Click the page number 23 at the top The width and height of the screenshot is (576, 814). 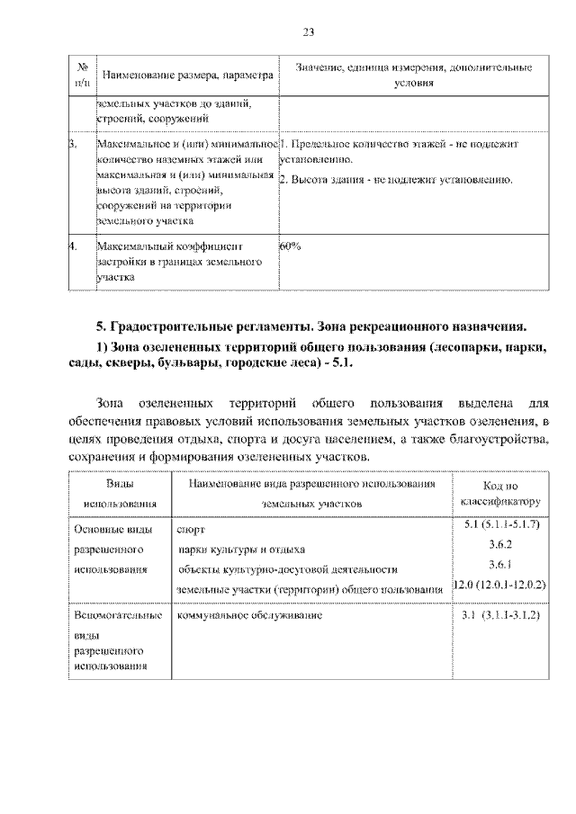click(x=308, y=32)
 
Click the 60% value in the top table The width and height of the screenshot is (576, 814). click(x=290, y=244)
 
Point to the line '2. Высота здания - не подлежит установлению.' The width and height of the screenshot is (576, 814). click(x=396, y=180)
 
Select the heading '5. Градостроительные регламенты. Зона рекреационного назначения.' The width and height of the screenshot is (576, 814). click(x=310, y=325)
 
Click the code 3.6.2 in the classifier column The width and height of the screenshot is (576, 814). click(x=499, y=546)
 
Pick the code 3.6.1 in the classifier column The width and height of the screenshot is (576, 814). click(x=499, y=566)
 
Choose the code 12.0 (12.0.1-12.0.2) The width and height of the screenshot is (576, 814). click(x=499, y=586)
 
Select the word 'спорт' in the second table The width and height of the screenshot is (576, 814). click(x=192, y=530)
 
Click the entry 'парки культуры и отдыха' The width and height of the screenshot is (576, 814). click(x=241, y=550)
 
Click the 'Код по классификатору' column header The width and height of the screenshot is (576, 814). click(x=499, y=494)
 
